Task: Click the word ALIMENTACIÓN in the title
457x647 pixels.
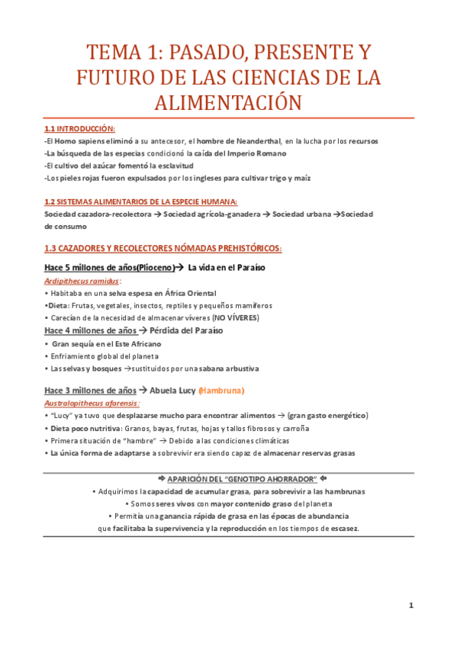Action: click(x=228, y=102)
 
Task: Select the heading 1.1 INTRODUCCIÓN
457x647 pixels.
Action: click(x=80, y=129)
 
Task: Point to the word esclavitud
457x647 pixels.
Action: click(x=172, y=166)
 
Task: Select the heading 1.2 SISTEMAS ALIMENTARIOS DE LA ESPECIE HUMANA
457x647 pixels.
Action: click(x=140, y=202)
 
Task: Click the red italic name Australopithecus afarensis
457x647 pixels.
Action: click(x=91, y=403)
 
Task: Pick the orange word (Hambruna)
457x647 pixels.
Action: click(x=221, y=391)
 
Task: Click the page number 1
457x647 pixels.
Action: click(x=410, y=606)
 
